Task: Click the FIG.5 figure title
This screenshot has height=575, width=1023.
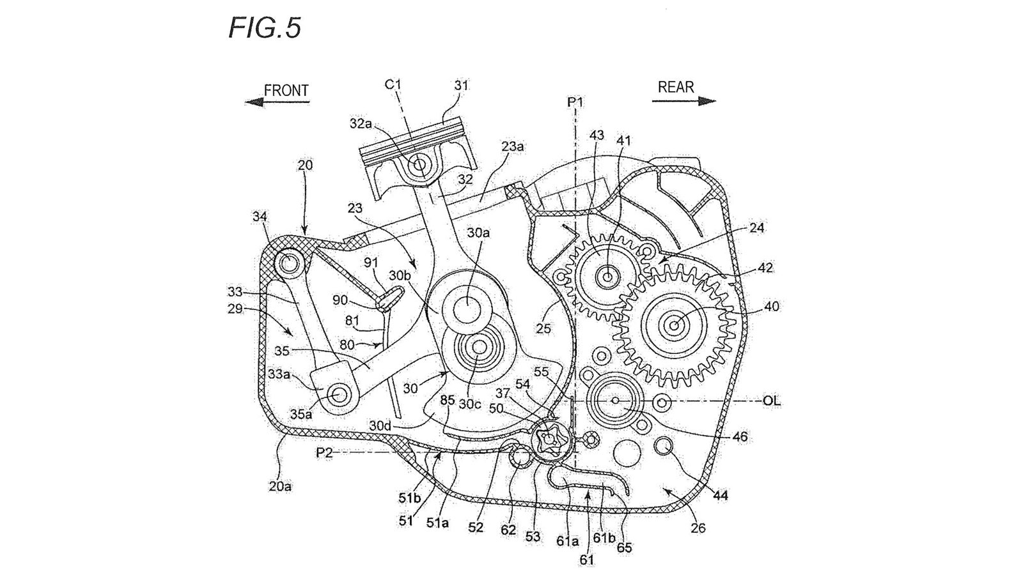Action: pos(264,27)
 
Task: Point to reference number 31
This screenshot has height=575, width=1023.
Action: pos(461,85)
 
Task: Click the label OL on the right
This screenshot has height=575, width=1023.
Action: pos(772,401)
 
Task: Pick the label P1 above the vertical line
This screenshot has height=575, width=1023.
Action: pos(575,102)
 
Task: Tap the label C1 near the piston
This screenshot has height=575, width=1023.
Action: pos(393,84)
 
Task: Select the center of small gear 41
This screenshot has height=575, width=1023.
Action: pos(605,276)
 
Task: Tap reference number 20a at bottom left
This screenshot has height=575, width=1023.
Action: pos(280,486)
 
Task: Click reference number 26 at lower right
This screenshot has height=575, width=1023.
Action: pos(698,528)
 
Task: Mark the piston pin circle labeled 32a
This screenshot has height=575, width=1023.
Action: pos(419,165)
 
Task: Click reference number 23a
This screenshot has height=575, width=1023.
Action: pos(512,146)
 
